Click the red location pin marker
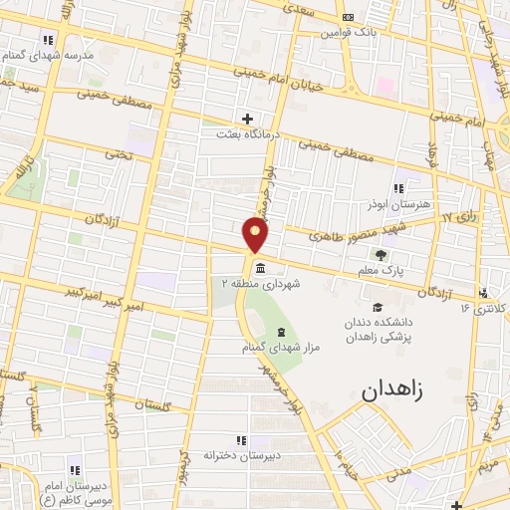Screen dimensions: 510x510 257,235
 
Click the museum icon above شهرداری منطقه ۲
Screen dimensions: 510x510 260,269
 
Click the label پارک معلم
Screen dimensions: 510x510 380,270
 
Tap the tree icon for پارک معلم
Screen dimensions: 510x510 380,255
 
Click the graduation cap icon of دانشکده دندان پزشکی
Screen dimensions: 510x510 377,308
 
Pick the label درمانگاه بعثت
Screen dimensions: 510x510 246,133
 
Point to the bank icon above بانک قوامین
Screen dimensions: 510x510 346,18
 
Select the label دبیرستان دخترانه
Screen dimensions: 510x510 238,455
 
